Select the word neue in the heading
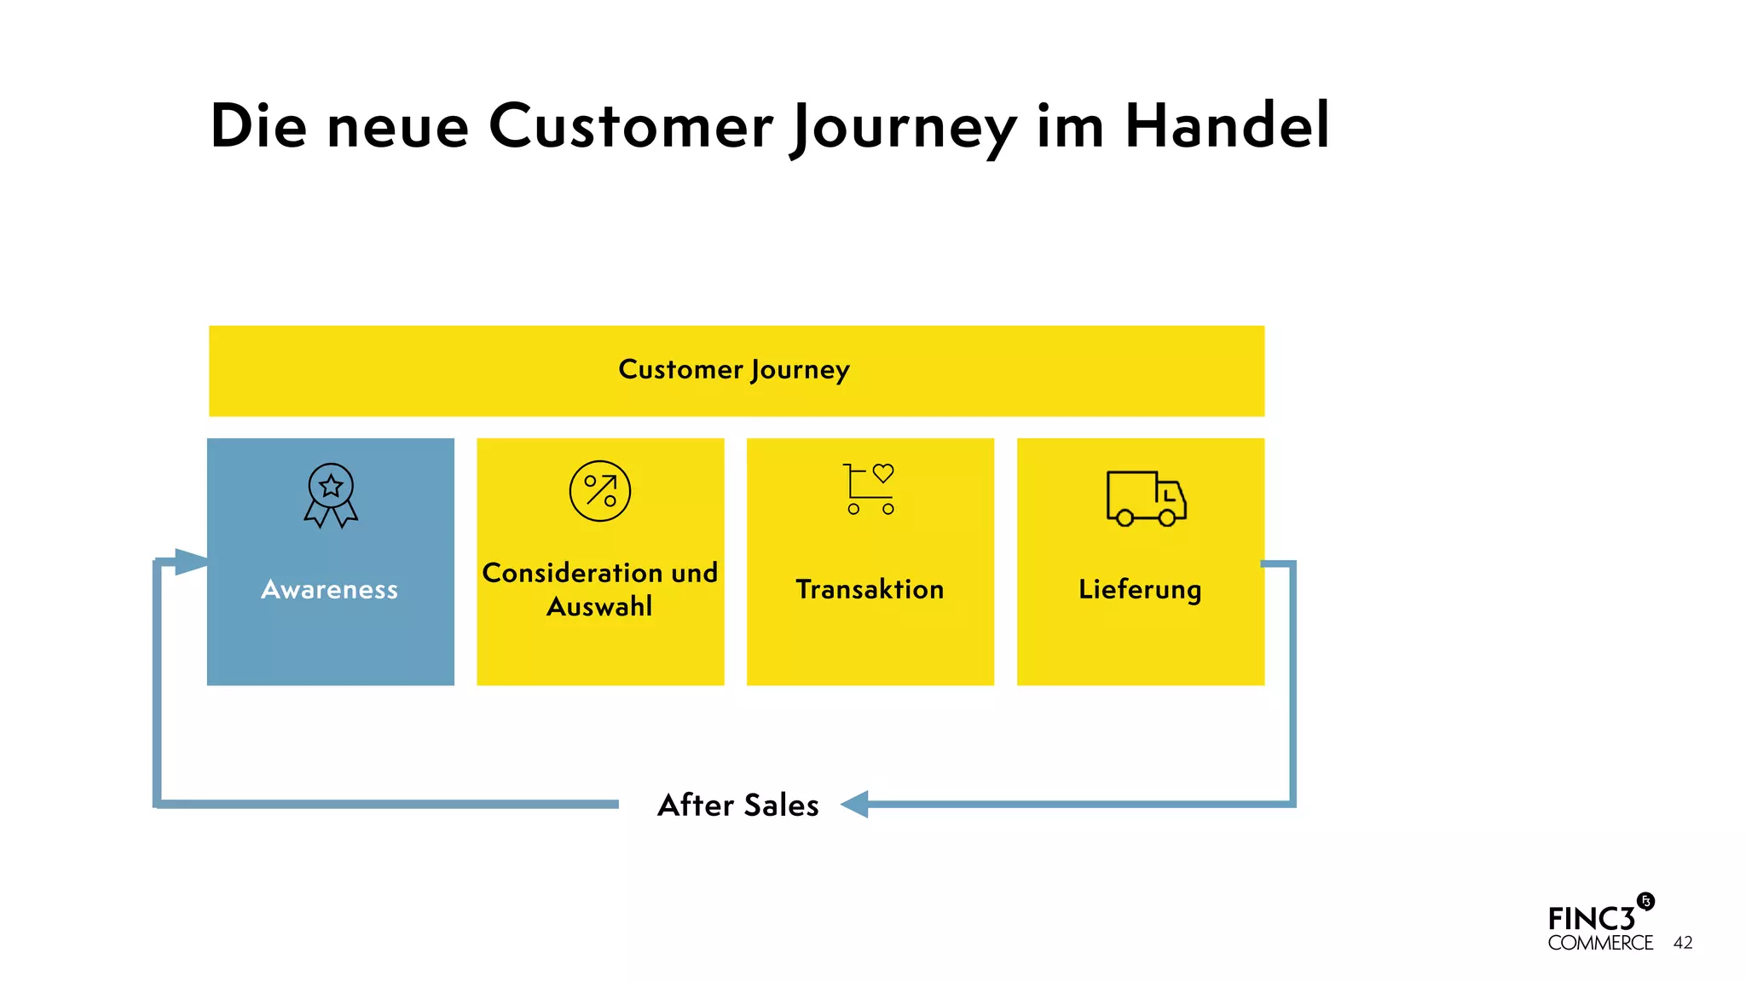397,128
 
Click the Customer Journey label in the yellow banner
734,370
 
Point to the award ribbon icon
331,494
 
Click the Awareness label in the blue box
330,589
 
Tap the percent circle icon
600,491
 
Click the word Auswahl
599,607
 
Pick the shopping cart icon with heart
870,489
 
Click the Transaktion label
870,589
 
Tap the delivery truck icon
1145,498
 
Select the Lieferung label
1140,589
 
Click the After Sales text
738,805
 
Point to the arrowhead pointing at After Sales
855,804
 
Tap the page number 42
1683,943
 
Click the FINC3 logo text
1591,919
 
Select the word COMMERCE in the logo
1600,944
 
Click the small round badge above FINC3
1645,901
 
